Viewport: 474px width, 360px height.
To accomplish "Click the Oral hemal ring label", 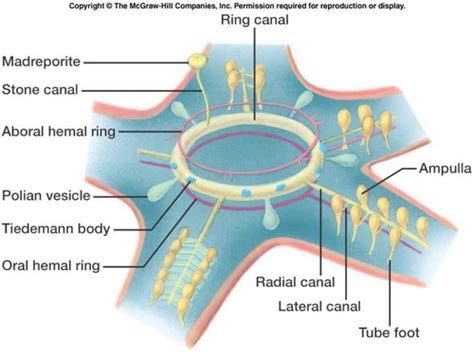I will [56, 265].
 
